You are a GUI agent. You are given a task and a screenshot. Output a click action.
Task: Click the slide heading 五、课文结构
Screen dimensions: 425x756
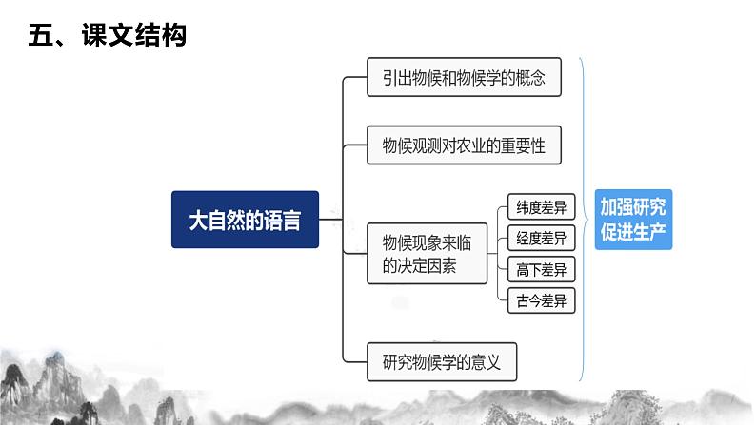[106, 36]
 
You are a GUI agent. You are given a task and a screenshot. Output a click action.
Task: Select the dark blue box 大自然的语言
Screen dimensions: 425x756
[245, 220]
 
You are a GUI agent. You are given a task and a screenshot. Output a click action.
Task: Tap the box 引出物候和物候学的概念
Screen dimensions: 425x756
[464, 78]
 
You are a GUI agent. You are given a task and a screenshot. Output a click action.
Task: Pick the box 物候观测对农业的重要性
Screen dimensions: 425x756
[464, 147]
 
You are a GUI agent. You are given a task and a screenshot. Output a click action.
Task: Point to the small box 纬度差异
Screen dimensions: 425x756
[541, 206]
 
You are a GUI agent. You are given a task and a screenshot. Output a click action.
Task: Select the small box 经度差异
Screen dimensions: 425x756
[541, 238]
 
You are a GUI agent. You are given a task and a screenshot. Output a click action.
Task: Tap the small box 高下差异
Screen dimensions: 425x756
[541, 270]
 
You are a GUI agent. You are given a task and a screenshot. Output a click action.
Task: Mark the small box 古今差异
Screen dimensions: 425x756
[541, 301]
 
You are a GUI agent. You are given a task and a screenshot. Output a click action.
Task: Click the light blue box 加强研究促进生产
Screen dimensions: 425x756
[633, 219]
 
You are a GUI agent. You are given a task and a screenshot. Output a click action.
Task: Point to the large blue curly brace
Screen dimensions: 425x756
[585, 219]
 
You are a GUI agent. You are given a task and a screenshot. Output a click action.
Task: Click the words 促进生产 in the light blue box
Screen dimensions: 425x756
[633, 231]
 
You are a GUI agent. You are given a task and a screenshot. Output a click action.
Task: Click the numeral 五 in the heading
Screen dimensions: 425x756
[40, 36]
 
